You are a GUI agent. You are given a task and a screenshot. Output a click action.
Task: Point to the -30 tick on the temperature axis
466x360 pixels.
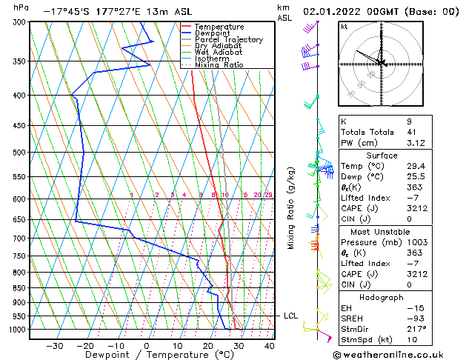[54, 346]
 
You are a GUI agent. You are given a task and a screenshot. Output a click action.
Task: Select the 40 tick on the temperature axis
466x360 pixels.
[269, 346]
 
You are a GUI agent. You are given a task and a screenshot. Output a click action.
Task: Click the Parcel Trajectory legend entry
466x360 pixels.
[228, 40]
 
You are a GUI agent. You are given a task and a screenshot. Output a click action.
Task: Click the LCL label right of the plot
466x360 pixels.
[291, 316]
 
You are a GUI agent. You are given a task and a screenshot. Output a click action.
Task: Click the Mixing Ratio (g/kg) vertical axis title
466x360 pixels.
[292, 208]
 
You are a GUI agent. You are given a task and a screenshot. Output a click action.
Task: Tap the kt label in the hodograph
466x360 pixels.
[344, 27]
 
